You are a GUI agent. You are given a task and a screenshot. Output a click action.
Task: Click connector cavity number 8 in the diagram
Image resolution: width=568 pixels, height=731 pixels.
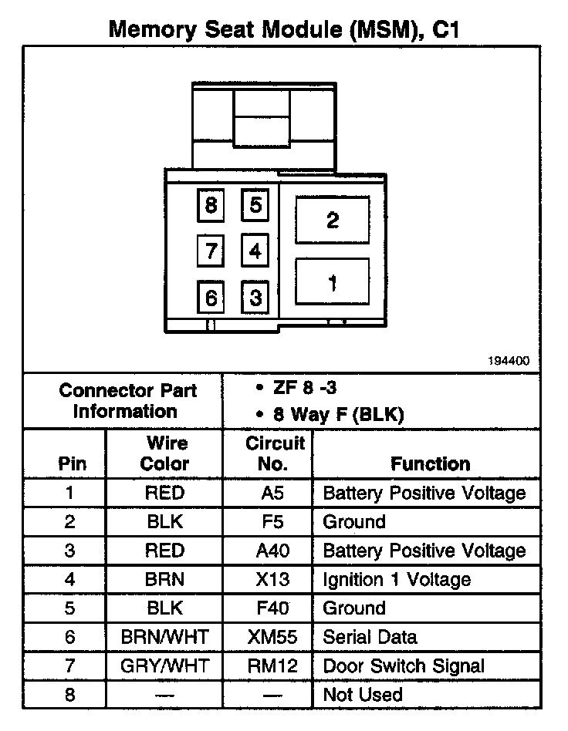(x=211, y=206)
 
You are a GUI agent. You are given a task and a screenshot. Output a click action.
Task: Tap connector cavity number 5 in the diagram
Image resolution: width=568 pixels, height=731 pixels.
(x=255, y=205)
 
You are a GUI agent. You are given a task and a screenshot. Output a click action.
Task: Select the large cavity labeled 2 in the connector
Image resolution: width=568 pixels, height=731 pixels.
(x=333, y=221)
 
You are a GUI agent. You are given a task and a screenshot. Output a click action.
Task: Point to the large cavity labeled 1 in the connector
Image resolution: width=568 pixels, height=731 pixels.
(x=333, y=283)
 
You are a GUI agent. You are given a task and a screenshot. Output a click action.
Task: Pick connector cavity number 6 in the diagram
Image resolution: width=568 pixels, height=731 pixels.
(x=211, y=297)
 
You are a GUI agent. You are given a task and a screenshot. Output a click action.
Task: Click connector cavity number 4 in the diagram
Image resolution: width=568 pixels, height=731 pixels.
(x=255, y=251)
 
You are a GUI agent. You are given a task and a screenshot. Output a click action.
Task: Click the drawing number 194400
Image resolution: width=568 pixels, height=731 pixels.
(x=509, y=361)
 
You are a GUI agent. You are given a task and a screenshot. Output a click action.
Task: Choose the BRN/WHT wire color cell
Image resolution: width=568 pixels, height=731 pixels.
(x=164, y=637)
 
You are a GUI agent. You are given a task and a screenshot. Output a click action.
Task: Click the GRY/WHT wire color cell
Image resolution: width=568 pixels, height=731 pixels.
(x=164, y=665)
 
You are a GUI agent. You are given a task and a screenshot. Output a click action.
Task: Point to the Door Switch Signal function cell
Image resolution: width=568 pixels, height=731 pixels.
(x=404, y=665)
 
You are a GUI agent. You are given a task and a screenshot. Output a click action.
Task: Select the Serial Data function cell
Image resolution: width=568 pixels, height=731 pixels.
(x=370, y=637)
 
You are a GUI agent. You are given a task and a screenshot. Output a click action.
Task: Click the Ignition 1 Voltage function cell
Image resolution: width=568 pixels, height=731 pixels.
(x=397, y=579)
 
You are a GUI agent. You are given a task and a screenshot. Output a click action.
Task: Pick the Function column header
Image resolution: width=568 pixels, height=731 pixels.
(x=430, y=463)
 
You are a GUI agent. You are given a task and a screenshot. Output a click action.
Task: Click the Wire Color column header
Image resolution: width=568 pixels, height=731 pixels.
(x=165, y=453)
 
